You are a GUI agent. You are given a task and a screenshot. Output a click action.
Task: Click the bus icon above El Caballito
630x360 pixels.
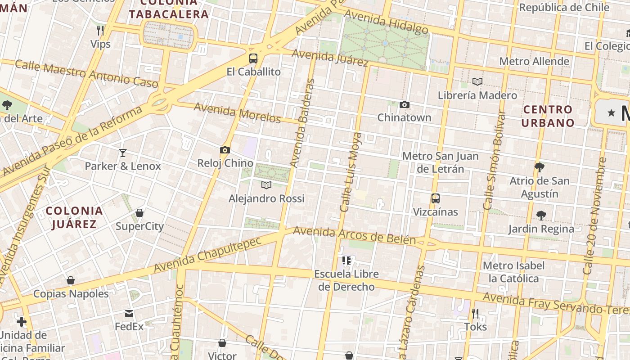coord(253,58)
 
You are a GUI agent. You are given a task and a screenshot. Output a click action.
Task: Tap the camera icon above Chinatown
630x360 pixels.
coord(404,105)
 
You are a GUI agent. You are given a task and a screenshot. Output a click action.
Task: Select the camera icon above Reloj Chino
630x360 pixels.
coord(225,150)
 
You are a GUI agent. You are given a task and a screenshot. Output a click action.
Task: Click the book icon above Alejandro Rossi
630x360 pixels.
coord(266,185)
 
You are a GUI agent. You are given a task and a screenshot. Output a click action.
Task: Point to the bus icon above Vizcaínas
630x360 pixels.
coord(435,198)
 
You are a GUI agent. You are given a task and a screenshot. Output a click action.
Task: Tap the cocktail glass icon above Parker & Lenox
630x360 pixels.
coord(122,153)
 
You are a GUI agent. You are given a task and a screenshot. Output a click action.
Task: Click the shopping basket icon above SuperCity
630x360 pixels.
coord(139,212)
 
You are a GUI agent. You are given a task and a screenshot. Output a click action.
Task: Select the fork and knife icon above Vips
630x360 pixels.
coord(100,31)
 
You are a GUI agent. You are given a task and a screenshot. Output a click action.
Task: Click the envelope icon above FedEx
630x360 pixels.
coord(129,313)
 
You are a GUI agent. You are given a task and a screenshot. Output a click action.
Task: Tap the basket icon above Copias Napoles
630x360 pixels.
coord(71,280)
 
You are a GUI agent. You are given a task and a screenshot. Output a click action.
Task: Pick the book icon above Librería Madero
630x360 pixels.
coord(477,82)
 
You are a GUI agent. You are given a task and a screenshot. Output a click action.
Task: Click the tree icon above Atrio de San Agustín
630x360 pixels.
coord(540,167)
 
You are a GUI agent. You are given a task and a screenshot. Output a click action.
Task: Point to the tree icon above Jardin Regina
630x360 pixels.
coord(541,215)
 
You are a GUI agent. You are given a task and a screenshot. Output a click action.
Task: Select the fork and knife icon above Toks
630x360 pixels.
coord(475,313)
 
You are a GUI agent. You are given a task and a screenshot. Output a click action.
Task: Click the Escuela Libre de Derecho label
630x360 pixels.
coord(346,280)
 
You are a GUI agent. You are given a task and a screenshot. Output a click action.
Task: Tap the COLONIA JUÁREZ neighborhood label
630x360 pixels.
coord(74,217)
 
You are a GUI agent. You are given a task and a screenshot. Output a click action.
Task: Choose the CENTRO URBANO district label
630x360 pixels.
coord(548,116)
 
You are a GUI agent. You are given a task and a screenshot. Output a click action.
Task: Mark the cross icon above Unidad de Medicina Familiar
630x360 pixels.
coord(21,322)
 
